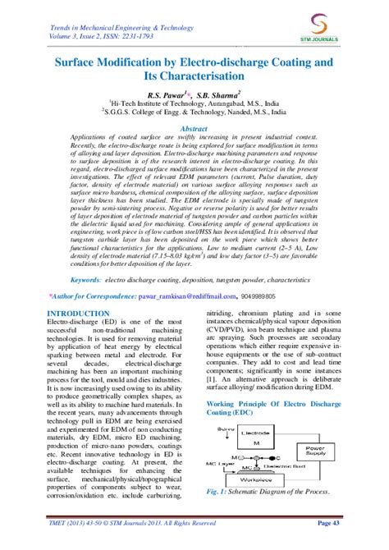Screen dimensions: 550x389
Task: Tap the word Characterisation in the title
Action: point(194,77)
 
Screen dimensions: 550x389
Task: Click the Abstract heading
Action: point(194,130)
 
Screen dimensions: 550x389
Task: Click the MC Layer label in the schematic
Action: point(218,465)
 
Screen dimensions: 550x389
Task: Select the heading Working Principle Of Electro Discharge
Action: point(270,406)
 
